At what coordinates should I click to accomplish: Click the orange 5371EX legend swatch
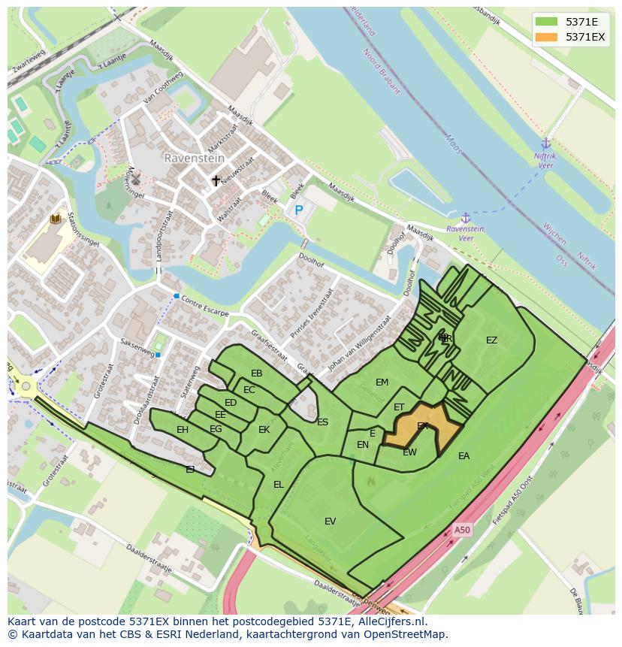pos(546,37)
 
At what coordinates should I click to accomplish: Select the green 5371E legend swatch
pos(546,22)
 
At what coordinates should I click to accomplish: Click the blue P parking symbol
pos(298,211)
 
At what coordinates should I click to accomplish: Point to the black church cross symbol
pos(216,180)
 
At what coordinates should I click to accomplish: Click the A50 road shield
pos(462,530)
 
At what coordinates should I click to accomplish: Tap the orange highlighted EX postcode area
pos(424,428)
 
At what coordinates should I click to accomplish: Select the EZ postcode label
pos(491,340)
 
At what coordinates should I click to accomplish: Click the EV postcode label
pos(330,522)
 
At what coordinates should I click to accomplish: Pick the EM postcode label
pos(382,382)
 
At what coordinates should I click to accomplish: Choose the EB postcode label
pos(257,373)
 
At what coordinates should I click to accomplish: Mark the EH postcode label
pos(183,430)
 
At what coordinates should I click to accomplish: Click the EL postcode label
pos(279,485)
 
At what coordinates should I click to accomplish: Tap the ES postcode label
pos(322,422)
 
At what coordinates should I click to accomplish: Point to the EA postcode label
pos(463,456)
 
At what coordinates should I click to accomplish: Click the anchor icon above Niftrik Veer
pos(546,144)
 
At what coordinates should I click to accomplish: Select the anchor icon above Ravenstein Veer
pos(466,217)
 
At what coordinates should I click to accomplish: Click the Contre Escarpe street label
pos(205,308)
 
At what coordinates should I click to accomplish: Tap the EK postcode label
pos(264,430)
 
